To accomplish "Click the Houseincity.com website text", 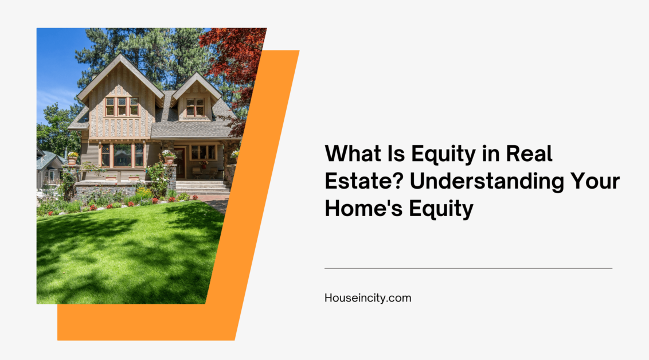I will click(367, 298).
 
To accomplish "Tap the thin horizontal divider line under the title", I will click(468, 268).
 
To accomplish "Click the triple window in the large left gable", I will click(122, 107).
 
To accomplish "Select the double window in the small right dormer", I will click(195, 107).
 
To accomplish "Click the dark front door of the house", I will click(180, 163).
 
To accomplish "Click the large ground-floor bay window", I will click(122, 155).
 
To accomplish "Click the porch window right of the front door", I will click(203, 152).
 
